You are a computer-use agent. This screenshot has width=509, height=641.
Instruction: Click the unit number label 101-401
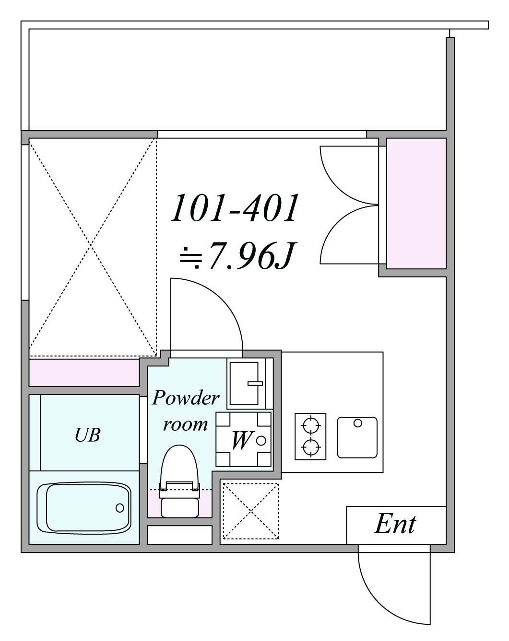click(235, 208)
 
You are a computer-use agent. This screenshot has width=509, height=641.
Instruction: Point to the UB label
click(87, 435)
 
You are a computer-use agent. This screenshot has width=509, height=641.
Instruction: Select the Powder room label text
click(186, 411)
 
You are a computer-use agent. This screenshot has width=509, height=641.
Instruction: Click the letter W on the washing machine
click(242, 440)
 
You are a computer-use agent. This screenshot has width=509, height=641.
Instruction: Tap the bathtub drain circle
click(119, 508)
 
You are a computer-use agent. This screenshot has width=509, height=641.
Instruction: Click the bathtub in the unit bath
click(84, 508)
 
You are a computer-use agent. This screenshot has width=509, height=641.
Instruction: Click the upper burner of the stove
click(310, 425)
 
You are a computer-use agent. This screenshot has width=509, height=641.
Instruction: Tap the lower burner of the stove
click(310, 447)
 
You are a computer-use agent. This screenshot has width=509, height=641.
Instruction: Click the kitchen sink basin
click(357, 437)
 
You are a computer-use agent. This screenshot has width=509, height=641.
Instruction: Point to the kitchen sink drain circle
click(357, 423)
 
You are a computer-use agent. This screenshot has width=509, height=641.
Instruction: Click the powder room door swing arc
click(222, 299)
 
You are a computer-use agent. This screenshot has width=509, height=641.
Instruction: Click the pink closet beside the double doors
click(416, 203)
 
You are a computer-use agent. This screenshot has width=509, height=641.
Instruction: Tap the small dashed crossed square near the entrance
click(251, 511)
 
